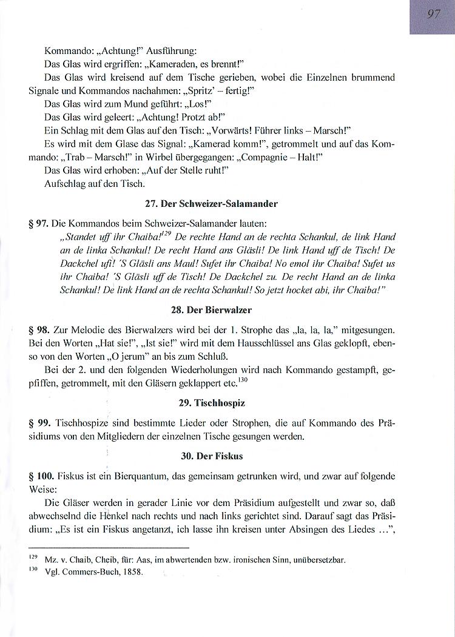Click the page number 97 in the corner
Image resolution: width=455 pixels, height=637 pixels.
pos(434,15)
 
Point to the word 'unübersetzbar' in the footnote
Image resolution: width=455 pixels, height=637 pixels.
pos(320,560)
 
